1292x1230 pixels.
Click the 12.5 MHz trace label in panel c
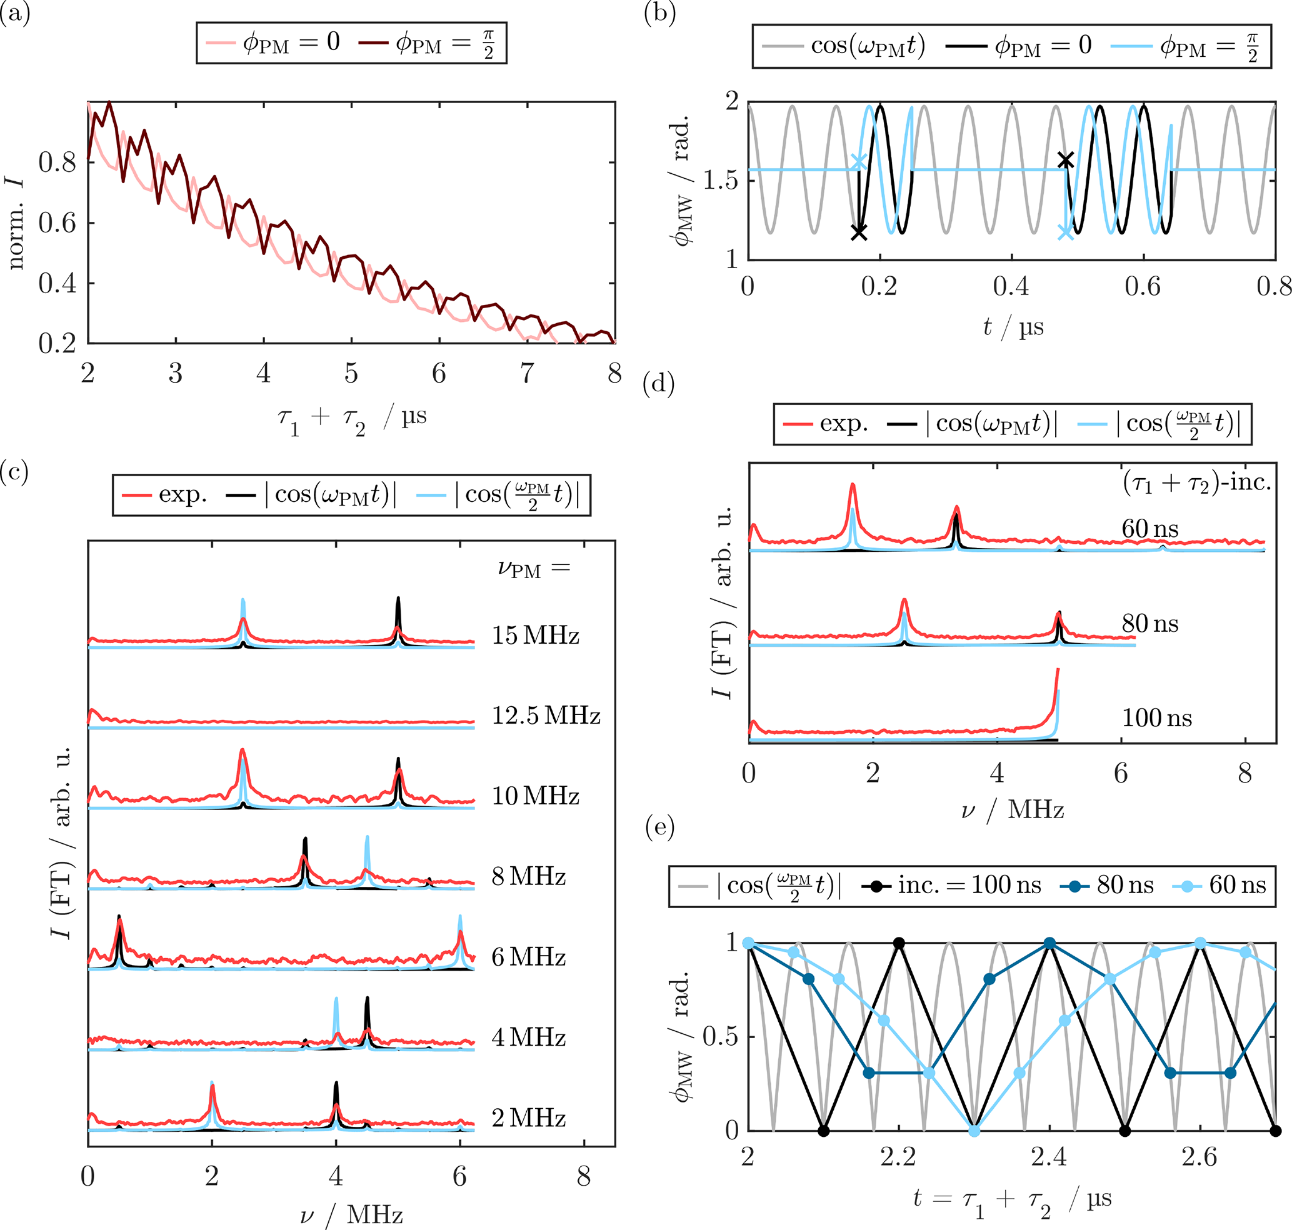click(x=546, y=716)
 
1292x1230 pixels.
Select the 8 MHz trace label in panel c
click(x=529, y=876)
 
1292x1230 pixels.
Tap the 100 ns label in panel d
click(x=1156, y=718)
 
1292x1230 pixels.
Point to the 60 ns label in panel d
click(x=1149, y=529)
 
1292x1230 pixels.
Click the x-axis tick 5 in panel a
click(x=351, y=374)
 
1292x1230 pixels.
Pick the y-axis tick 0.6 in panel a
click(x=58, y=223)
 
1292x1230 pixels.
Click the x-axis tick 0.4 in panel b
click(x=1011, y=286)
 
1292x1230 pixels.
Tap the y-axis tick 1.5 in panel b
click(x=720, y=180)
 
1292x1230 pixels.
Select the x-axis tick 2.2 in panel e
click(x=898, y=1157)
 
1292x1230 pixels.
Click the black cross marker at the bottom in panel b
click(x=858, y=232)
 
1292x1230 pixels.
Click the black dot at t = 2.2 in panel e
click(x=899, y=944)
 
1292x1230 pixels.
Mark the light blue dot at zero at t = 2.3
click(x=974, y=1131)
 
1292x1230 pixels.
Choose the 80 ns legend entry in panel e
click(x=1107, y=885)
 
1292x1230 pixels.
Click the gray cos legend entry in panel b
click(x=843, y=46)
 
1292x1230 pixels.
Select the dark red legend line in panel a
click(x=374, y=44)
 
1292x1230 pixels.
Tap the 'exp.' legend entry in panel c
click(x=164, y=494)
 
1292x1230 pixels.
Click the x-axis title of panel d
click(x=1012, y=811)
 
